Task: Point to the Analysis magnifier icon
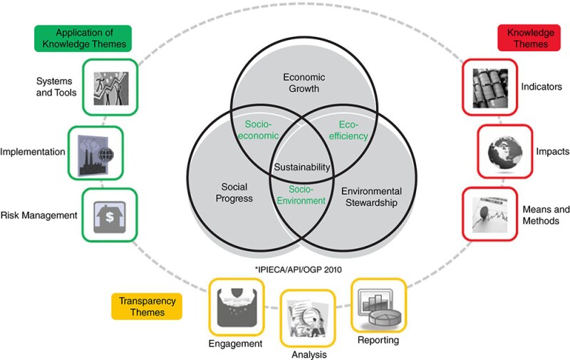tap(307, 317)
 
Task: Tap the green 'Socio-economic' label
tap(259, 130)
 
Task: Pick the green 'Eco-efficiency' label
tap(348, 130)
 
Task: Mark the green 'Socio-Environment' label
tap(302, 195)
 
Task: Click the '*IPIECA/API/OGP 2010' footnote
tap(302, 268)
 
